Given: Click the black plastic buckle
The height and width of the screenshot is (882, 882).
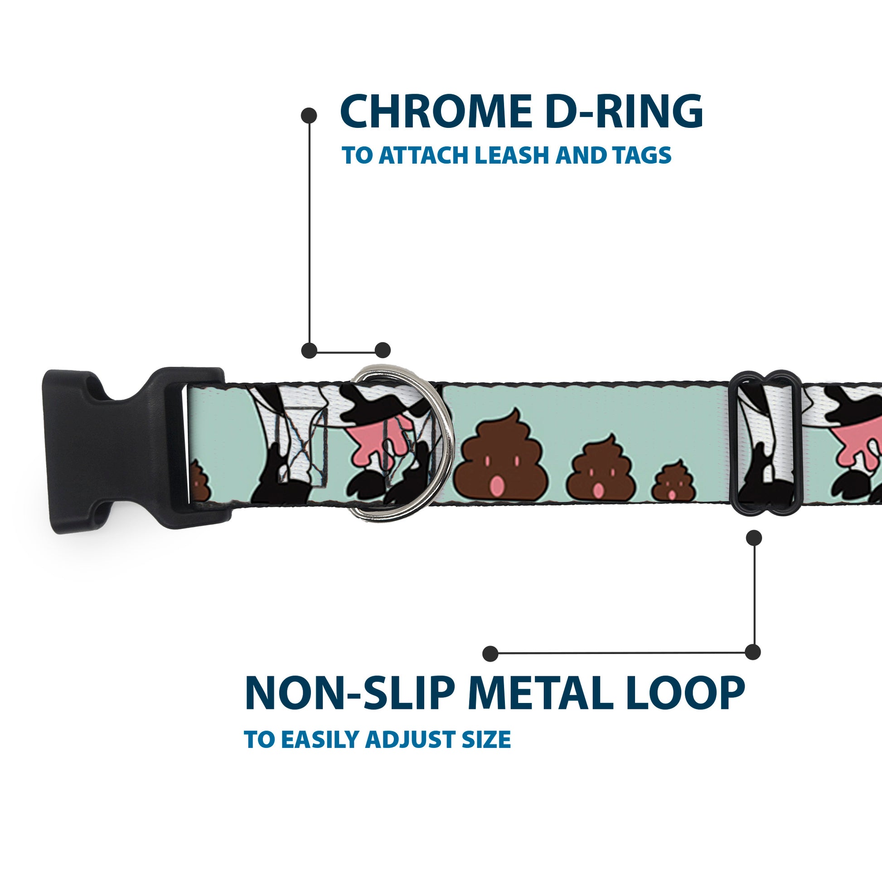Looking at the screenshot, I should [x=128, y=450].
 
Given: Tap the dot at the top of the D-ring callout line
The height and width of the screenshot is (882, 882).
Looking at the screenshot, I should [x=310, y=116].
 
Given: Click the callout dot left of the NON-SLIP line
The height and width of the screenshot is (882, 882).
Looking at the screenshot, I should [x=490, y=653].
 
